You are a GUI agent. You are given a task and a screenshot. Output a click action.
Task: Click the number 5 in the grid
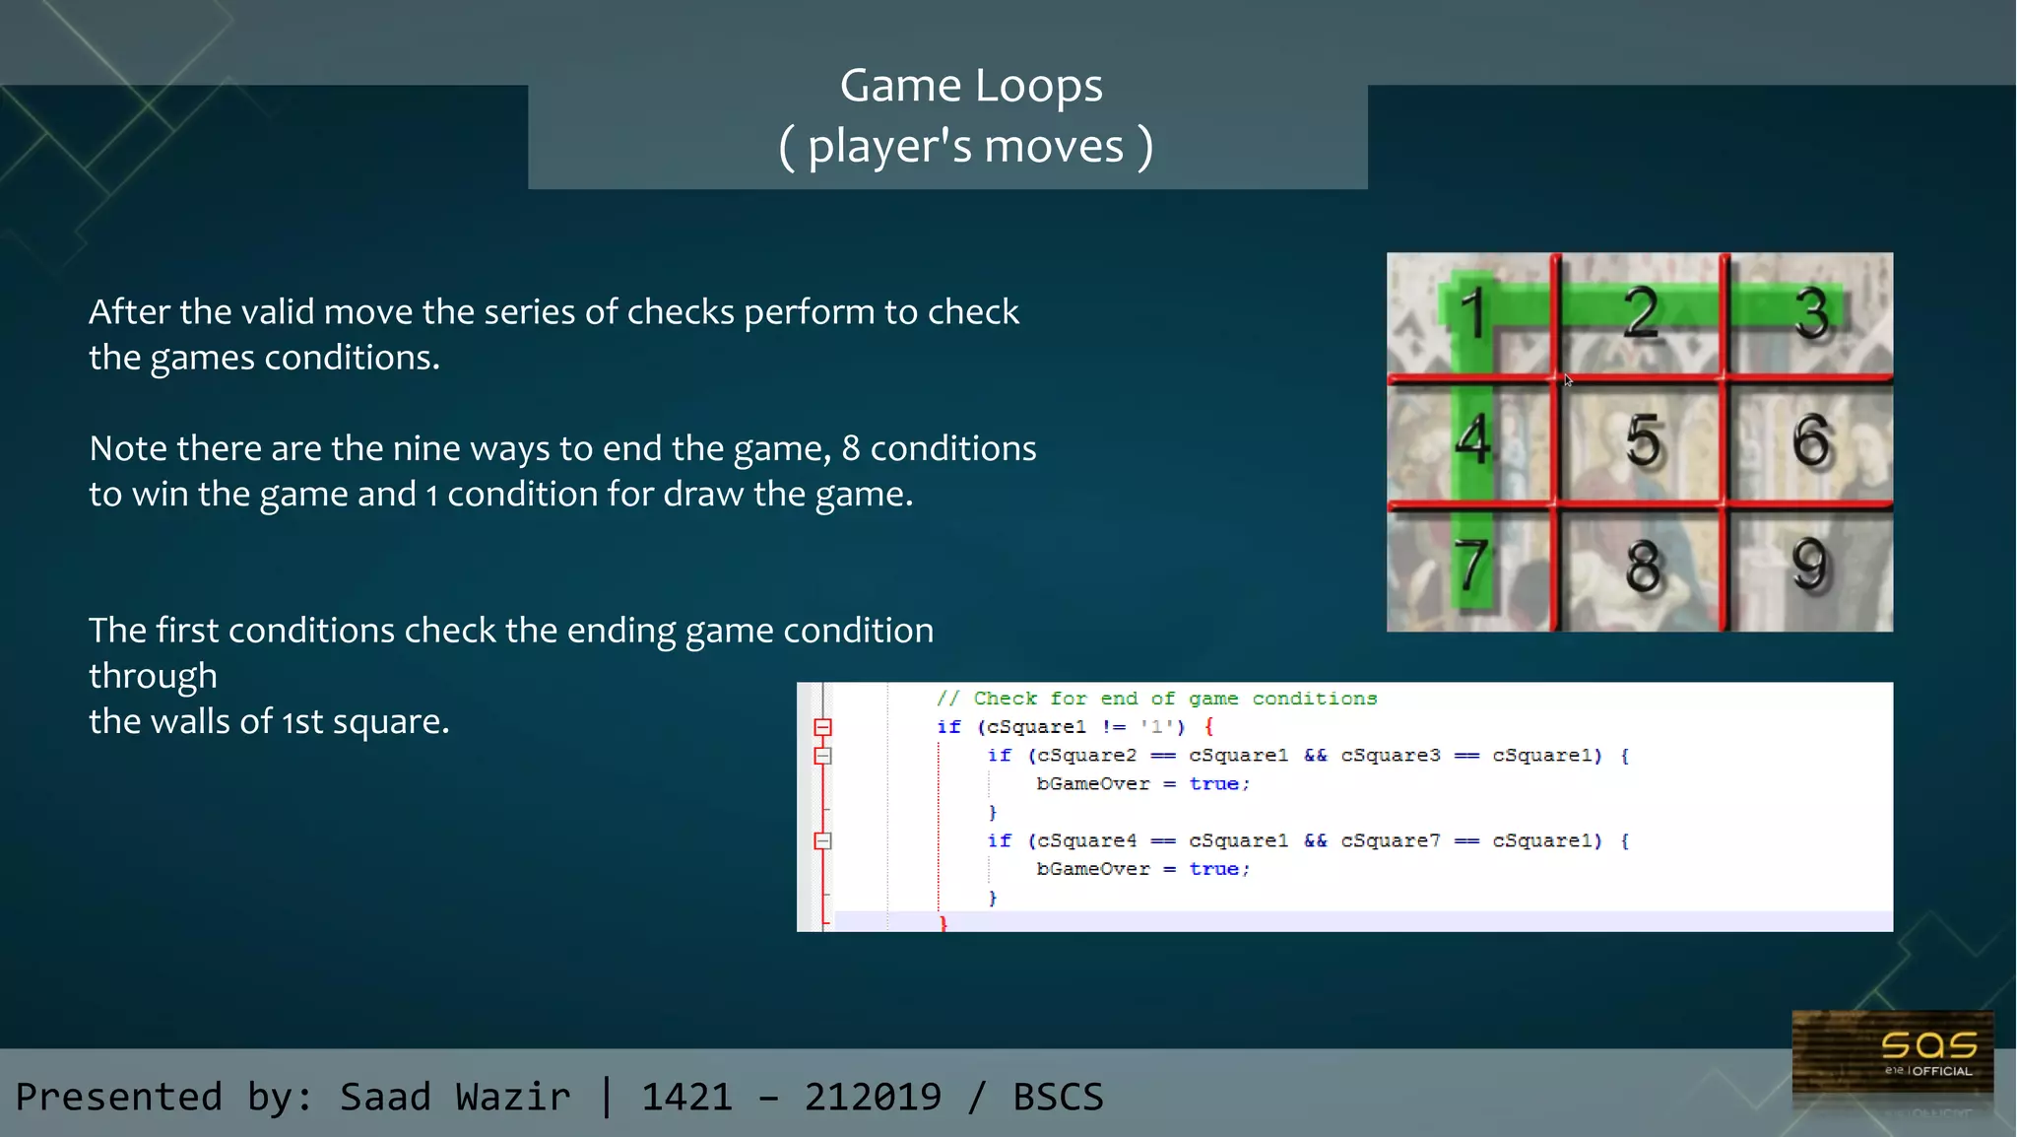(x=1643, y=439)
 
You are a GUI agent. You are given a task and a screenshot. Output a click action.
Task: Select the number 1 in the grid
(x=1472, y=313)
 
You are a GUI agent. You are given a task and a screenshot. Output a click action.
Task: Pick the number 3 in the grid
(x=1810, y=313)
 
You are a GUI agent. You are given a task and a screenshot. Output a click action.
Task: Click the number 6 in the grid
(x=1811, y=439)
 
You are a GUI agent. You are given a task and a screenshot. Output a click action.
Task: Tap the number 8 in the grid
(x=1643, y=567)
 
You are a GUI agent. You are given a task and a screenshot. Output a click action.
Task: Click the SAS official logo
(x=1892, y=1055)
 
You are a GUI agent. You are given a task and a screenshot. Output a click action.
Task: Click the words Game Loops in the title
(x=971, y=86)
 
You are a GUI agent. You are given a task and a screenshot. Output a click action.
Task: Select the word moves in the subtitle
(x=1054, y=147)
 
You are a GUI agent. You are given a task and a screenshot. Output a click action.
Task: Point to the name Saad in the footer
(x=385, y=1097)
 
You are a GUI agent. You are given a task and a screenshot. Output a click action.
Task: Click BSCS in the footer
(x=1059, y=1097)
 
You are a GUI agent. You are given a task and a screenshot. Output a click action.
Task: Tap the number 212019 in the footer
(x=873, y=1097)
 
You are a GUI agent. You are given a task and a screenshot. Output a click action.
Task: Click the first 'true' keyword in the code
(x=1213, y=784)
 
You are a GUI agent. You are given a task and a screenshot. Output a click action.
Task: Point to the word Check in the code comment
(x=1005, y=699)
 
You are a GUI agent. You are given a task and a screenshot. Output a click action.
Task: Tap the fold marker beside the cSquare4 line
(x=823, y=841)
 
